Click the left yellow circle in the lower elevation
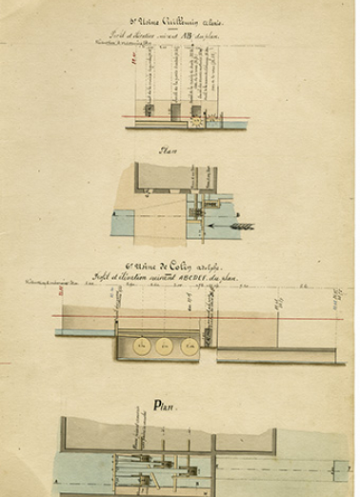coord(142,346)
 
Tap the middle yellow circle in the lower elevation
coord(165,346)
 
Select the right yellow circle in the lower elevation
coord(189,346)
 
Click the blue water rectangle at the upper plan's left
coord(122,223)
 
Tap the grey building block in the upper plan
coord(175,176)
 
